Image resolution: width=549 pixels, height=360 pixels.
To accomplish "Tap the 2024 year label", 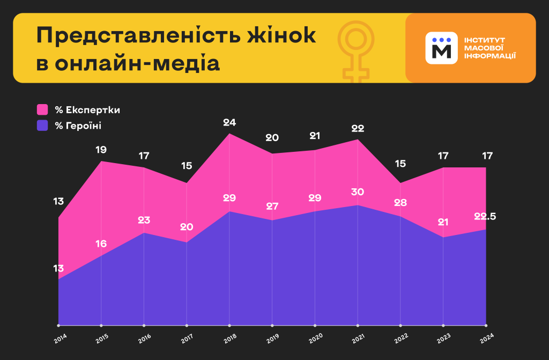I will (486, 338).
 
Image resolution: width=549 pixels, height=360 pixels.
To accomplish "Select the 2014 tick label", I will (60, 338).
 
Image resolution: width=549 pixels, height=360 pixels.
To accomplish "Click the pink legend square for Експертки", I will (43, 110).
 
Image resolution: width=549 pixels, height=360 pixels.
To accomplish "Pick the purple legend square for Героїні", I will (43, 126).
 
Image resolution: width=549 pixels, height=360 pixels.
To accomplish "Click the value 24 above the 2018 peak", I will (229, 122).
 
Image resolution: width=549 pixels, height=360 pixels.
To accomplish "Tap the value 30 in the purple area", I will (357, 192).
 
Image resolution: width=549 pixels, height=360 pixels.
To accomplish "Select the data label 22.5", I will (485, 217).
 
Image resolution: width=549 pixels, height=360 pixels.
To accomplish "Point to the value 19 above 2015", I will (101, 150).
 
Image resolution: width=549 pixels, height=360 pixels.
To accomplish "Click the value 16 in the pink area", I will (101, 244).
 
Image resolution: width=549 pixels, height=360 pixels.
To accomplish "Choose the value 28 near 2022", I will (400, 203).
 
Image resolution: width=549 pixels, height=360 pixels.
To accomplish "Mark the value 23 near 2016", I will (144, 220).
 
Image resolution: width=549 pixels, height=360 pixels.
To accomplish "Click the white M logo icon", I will (441, 48).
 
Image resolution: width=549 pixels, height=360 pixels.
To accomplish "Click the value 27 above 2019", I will (272, 207).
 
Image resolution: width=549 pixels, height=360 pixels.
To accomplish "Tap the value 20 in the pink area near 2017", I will (187, 227).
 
